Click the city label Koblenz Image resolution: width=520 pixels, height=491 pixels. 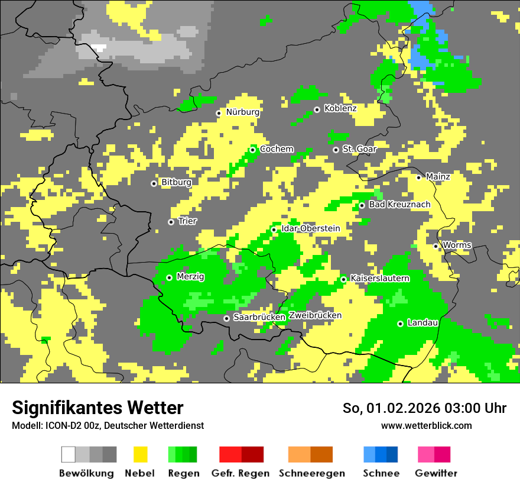coord(340,109)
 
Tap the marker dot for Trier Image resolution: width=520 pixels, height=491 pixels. coord(171,222)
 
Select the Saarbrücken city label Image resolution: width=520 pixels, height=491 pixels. coord(259,318)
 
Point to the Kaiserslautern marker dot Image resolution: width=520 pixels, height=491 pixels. coord(344,279)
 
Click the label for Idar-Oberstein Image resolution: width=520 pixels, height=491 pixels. coord(311,228)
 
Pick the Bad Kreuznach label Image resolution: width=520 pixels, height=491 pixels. coord(399,205)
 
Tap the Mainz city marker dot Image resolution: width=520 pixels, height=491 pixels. coord(419,177)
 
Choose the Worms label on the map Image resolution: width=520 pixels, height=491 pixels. coord(457,245)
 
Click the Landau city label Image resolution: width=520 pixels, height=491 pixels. coord(422,323)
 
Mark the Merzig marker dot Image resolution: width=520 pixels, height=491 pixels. coord(170,277)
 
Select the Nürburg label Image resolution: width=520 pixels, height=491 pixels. coord(243,112)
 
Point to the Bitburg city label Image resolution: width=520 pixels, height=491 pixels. coord(177,183)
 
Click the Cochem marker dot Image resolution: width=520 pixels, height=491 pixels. coord(253,150)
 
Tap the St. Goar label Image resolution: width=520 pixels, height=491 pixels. coord(359,149)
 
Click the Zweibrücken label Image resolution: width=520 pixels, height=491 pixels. coord(315,315)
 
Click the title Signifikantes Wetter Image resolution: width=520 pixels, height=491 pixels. coord(97,408)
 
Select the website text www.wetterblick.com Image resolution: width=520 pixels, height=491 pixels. coord(426,426)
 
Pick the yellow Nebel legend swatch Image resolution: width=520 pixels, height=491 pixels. coord(140,454)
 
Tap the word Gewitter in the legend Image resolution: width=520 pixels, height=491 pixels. coord(436,473)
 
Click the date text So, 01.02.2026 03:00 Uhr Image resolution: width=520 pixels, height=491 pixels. coord(424,408)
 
